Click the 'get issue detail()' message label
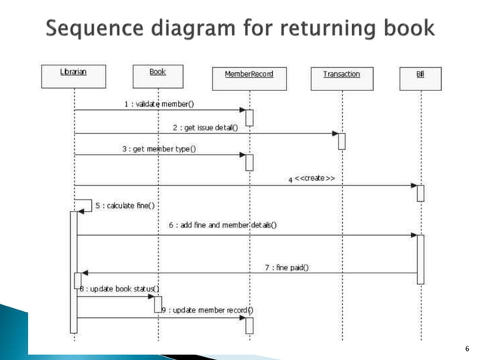(205, 128)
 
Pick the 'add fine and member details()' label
(222, 225)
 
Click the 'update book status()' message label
(119, 290)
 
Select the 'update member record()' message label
(209, 310)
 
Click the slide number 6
(467, 348)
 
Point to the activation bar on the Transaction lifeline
(342, 141)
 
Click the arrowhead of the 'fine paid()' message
(84, 273)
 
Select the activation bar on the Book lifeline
(158, 304)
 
